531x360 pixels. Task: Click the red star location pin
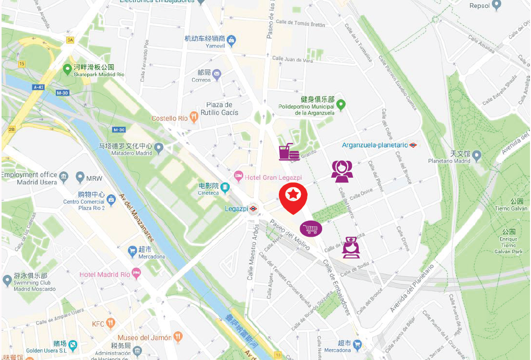pyautogui.click(x=293, y=196)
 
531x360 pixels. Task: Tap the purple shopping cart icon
pyautogui.click(x=311, y=228)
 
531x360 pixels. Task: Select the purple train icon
pyautogui.click(x=351, y=247)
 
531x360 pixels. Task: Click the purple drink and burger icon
pyautogui.click(x=289, y=152)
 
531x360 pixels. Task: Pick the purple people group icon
pyautogui.click(x=342, y=171)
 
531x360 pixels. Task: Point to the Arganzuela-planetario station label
pyautogui.click(x=374, y=145)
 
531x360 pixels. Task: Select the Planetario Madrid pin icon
pyautogui.click(x=476, y=155)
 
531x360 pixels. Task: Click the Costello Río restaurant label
pyautogui.click(x=169, y=119)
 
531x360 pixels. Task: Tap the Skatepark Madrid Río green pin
pyautogui.click(x=67, y=68)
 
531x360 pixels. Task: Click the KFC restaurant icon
pyautogui.click(x=110, y=324)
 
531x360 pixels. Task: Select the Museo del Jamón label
pyautogui.click(x=144, y=338)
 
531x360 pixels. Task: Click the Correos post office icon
pyautogui.click(x=217, y=76)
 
